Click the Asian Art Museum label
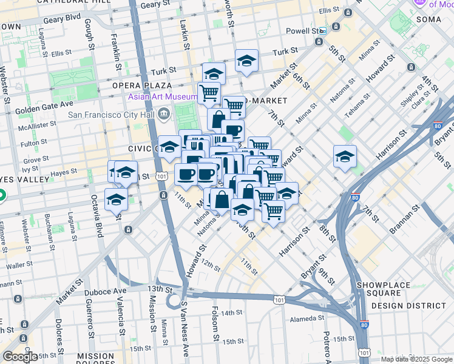click(162, 97)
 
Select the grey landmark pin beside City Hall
click(164, 114)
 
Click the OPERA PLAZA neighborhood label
click(141, 86)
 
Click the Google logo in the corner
click(20, 357)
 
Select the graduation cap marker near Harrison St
click(345, 157)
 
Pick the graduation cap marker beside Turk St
click(246, 61)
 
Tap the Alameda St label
click(307, 318)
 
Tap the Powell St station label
click(302, 30)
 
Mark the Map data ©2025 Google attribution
click(416, 359)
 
